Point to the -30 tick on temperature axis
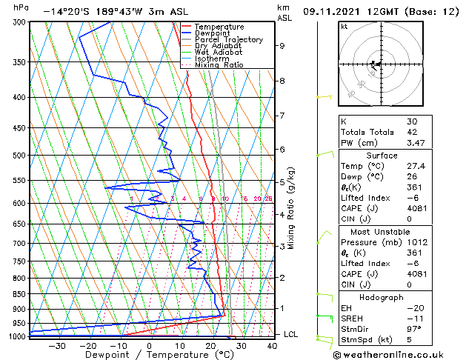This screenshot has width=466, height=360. coord(57,345)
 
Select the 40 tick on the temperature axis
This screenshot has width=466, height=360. coord(271,345)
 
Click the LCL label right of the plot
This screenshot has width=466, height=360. coord(291,334)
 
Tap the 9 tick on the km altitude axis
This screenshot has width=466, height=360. coord(282,46)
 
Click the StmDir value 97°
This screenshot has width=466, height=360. coord(414,329)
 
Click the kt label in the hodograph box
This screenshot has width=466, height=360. coord(344,27)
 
